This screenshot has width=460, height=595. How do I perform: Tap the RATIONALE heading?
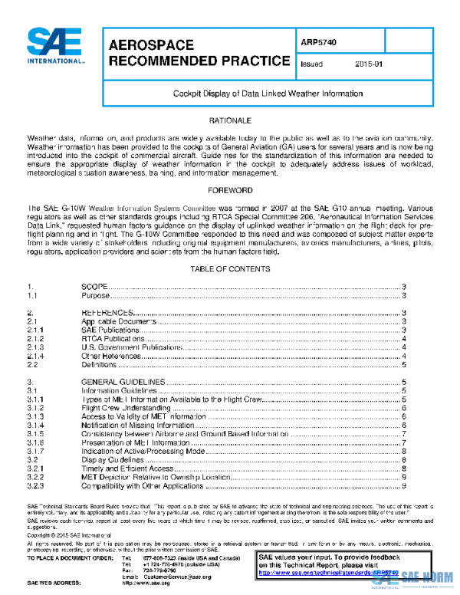(x=230, y=121)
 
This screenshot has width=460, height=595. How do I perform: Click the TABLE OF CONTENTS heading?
(x=230, y=269)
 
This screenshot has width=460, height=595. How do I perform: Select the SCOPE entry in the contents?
(x=95, y=286)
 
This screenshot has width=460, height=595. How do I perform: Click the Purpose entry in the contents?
(x=96, y=295)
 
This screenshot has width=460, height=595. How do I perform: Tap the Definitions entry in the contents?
(x=100, y=366)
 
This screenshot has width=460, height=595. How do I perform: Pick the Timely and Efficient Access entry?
(x=127, y=468)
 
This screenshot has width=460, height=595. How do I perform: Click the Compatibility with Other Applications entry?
(x=143, y=486)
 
